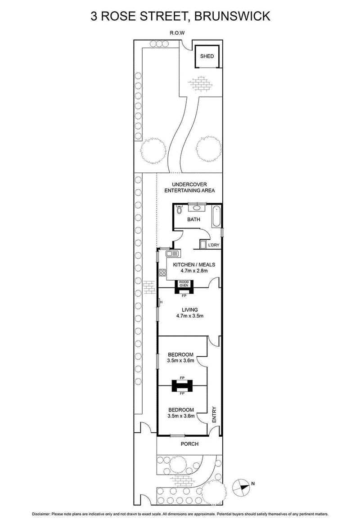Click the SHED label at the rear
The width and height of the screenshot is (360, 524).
pos(207,56)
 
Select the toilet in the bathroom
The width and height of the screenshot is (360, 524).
pos(179,210)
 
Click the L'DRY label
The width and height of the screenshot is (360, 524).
pos(214,245)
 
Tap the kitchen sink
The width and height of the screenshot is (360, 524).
pos(172,254)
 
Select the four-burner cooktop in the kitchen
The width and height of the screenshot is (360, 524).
pos(162,273)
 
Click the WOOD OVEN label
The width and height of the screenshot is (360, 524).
pos(184,283)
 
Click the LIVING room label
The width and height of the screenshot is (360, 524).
pos(189,310)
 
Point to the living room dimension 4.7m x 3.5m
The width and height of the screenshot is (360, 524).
pos(189,316)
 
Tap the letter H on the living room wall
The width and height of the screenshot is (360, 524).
pos(161,302)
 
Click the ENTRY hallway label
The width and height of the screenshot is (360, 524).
pos(214,414)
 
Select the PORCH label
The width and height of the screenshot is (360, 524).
pos(189,444)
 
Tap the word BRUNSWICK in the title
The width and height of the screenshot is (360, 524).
pos(232,16)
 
